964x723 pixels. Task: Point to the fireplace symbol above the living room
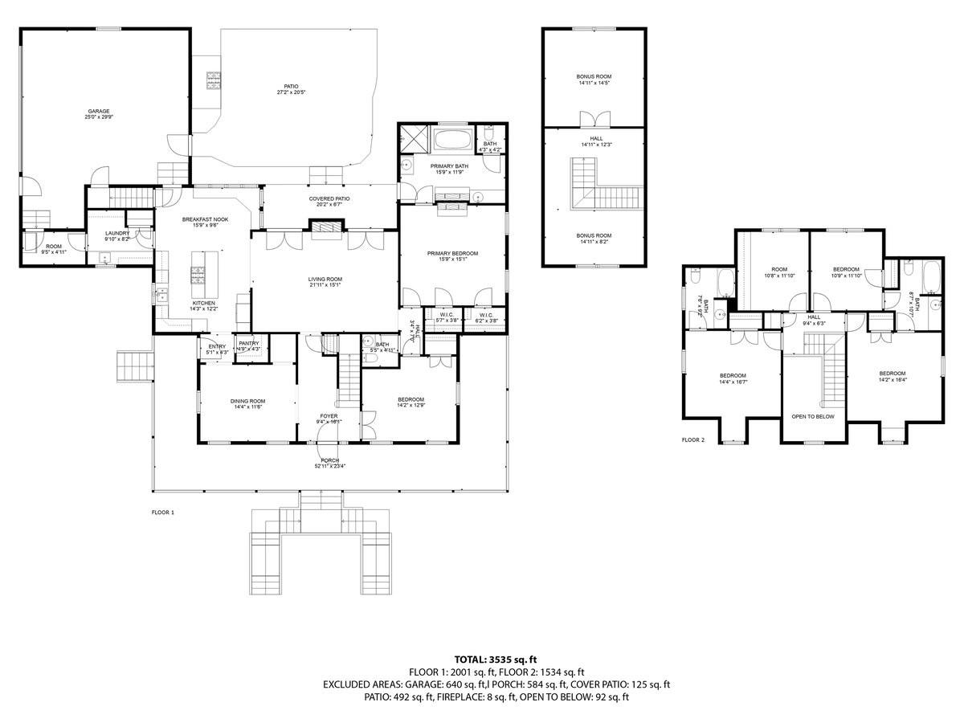click(325, 230)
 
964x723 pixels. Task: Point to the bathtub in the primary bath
click(455, 138)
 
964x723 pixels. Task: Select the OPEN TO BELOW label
click(813, 417)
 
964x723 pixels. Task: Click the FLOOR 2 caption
click(692, 440)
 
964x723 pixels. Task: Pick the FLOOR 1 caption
click(162, 512)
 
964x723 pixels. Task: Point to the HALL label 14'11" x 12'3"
click(594, 141)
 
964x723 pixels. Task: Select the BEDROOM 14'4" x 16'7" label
click(733, 378)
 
